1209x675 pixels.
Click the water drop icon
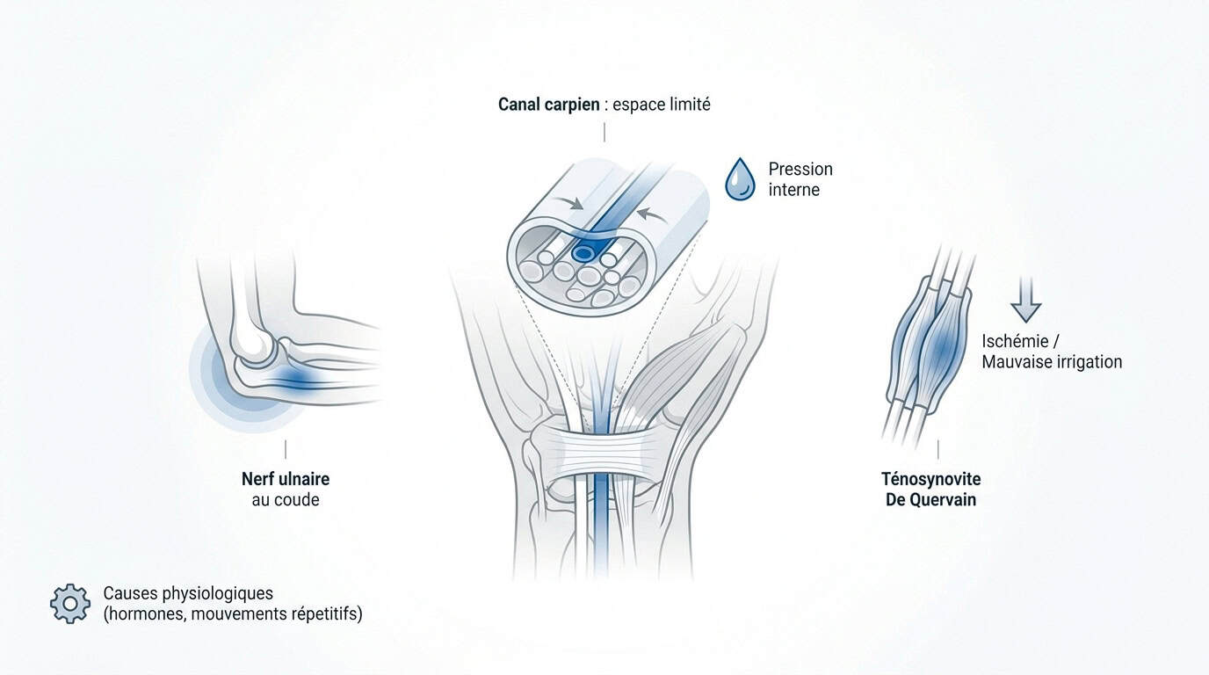[740, 180]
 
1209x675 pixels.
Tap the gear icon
[70, 604]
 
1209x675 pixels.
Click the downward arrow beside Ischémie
[1025, 301]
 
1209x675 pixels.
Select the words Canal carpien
[548, 105]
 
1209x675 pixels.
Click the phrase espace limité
[661, 105]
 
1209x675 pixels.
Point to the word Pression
[800, 169]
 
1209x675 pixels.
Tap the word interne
[794, 190]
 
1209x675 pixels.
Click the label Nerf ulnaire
[286, 479]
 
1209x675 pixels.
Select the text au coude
[286, 500]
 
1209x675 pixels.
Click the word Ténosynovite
[931, 479]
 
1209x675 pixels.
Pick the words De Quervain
[931, 500]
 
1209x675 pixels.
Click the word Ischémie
[1015, 341]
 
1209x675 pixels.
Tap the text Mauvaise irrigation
[1052, 362]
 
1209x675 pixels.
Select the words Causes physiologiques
[188, 593]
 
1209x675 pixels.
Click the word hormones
[146, 614]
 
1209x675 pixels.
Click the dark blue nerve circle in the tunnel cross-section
[583, 252]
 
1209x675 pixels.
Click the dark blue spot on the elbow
[294, 377]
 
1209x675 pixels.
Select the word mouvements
[239, 614]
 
